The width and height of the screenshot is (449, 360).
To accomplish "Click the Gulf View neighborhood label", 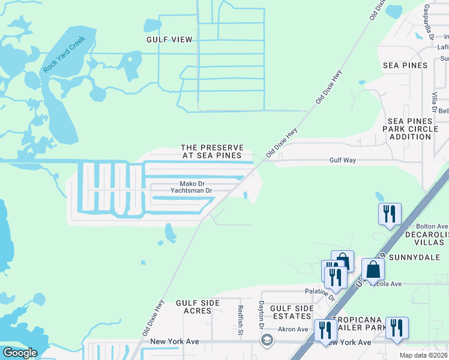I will coord(169,40).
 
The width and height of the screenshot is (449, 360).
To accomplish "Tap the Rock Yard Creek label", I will coord(64,55).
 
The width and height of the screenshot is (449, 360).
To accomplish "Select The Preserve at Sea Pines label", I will coord(212,151).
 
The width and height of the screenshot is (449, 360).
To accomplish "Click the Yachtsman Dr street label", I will coord(191,191).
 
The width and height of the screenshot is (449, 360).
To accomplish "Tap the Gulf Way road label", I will coord(343,161).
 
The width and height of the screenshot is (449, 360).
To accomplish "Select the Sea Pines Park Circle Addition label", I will coord(410,129).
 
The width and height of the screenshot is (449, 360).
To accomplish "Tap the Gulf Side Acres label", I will coord(194,307).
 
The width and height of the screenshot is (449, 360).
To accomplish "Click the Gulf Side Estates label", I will coord(292,312).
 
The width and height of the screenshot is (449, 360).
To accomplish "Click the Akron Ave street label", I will coord(293,329).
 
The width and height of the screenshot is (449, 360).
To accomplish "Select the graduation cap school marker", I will coord(267,340).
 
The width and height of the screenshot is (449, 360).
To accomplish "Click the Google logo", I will coord(19,353).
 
